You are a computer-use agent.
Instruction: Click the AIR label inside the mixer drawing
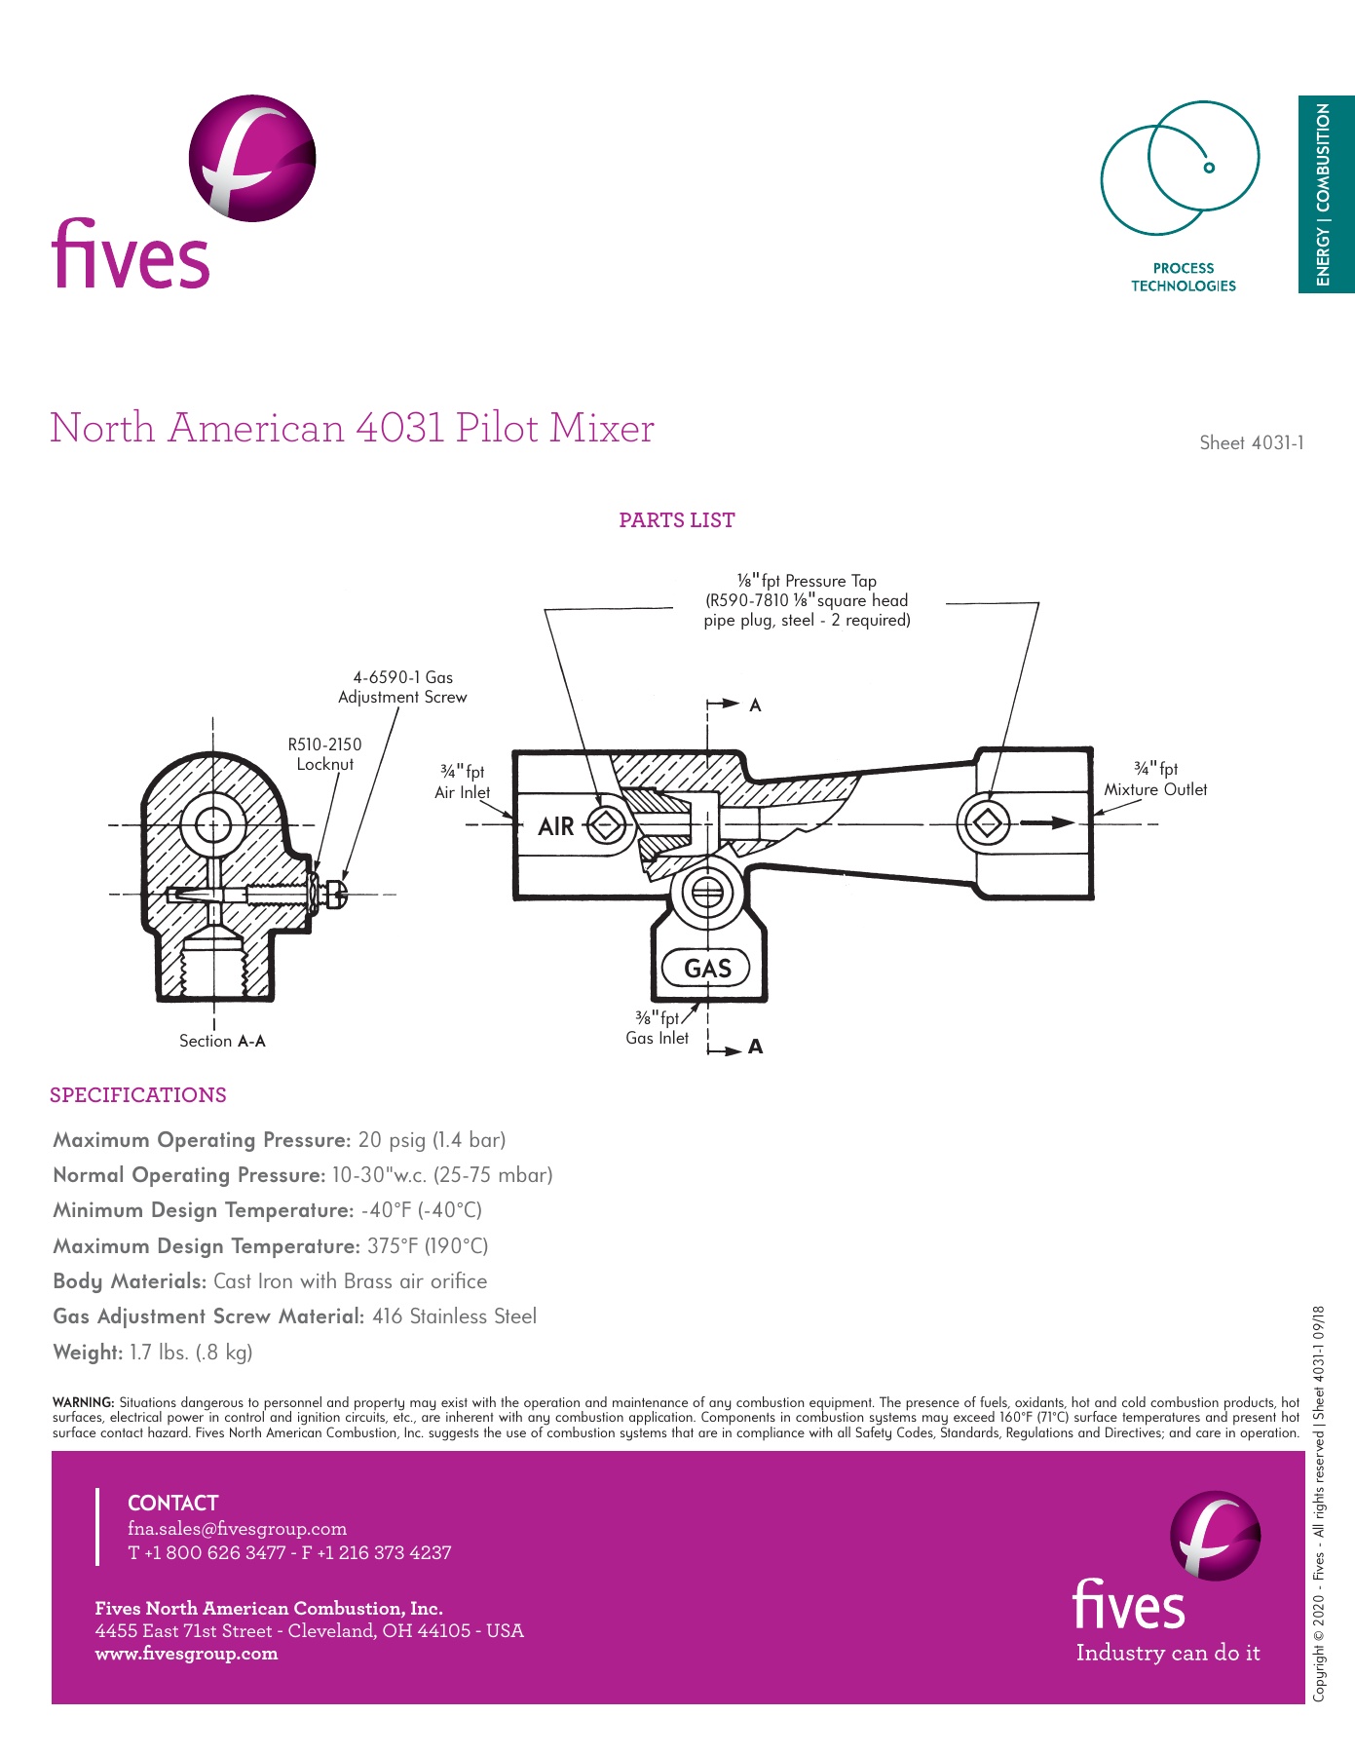point(555,826)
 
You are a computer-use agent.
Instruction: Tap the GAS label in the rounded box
point(707,969)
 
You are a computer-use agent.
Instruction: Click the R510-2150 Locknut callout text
point(324,754)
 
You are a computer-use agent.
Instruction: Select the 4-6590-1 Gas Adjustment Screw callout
point(402,687)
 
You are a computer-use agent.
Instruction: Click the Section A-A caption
point(222,1041)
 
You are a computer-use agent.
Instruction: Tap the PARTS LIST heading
point(677,520)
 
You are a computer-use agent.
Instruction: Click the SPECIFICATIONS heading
point(138,1095)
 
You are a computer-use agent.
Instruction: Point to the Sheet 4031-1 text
point(1251,442)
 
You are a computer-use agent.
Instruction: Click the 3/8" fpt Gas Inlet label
point(658,1028)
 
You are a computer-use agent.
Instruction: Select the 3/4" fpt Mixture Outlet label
point(1155,780)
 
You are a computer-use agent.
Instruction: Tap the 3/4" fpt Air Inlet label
point(463,782)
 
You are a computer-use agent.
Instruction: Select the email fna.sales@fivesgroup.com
point(237,1529)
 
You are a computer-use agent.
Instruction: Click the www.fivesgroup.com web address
point(186,1654)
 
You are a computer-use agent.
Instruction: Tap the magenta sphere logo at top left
point(251,158)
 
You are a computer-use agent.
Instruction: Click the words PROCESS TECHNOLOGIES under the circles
point(1183,277)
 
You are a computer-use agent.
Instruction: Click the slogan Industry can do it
point(1167,1653)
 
